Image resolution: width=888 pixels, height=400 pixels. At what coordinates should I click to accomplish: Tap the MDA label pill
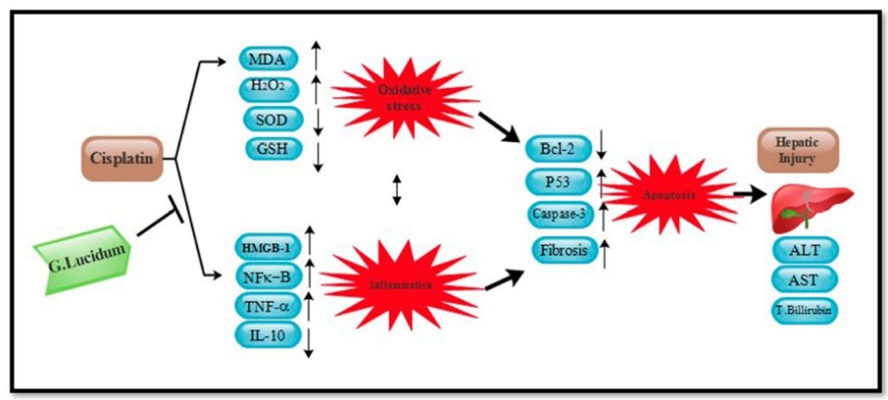271,60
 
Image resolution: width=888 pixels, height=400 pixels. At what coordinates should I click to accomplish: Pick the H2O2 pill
271,89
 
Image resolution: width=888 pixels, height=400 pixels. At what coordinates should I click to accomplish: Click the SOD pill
271,119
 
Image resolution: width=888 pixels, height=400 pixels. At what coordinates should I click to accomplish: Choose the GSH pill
271,148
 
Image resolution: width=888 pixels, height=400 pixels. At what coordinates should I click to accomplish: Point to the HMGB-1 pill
267,247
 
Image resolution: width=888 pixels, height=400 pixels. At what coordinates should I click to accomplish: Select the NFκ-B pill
267,277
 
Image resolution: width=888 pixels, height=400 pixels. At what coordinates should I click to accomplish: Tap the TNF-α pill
267,305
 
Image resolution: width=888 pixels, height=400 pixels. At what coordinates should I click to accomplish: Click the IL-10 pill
267,334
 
